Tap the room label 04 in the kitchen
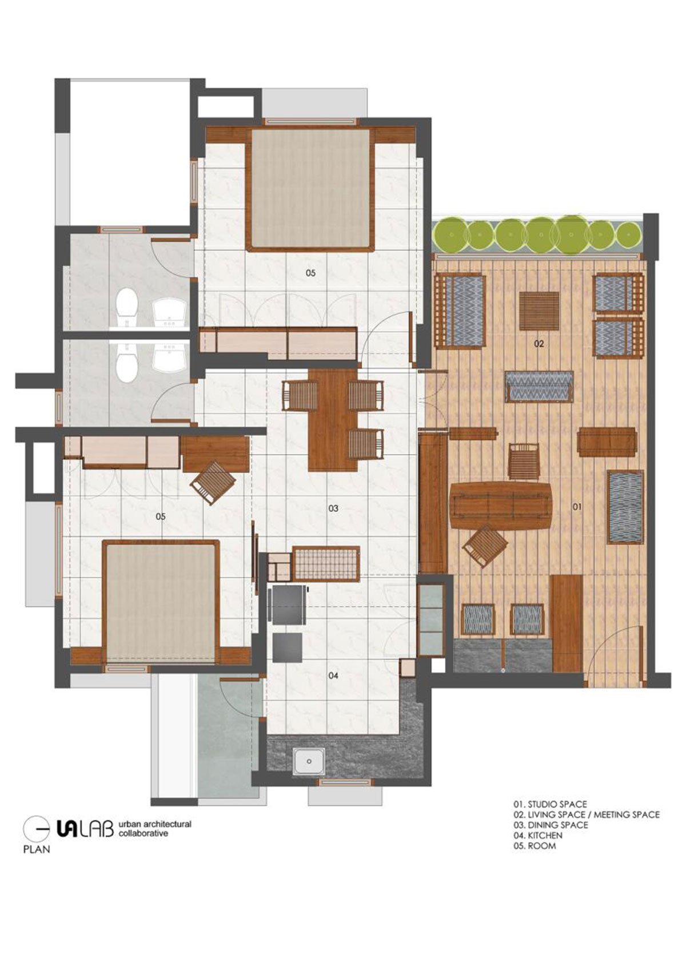(333, 675)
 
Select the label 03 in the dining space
(333, 508)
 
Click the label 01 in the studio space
(577, 506)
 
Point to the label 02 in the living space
(539, 344)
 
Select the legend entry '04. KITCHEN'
(538, 835)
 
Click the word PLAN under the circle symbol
(37, 849)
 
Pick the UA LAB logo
(85, 829)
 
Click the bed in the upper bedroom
(310, 189)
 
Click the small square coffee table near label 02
(539, 311)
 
